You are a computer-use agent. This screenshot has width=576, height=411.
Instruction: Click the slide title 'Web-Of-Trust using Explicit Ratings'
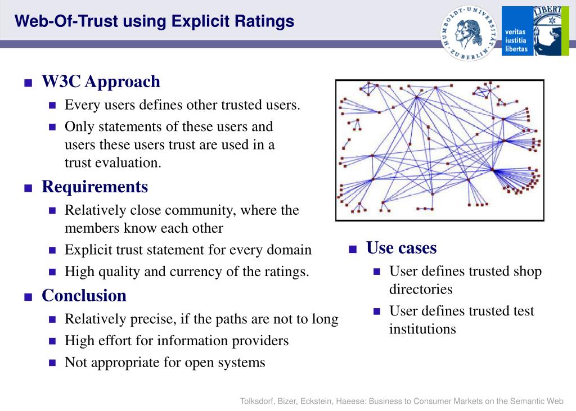tap(154, 21)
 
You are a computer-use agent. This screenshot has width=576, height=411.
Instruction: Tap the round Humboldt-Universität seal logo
tap(469, 33)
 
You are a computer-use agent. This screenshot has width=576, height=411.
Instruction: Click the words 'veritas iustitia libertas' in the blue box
tap(516, 40)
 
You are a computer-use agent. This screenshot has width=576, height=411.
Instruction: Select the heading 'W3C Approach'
tap(101, 82)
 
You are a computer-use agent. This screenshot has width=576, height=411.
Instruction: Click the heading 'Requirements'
tap(94, 187)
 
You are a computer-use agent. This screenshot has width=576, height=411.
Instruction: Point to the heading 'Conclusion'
tap(84, 296)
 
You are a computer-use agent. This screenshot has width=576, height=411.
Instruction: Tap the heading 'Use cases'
tap(401, 248)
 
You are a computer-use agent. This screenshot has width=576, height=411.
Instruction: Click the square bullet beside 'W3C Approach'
tap(28, 83)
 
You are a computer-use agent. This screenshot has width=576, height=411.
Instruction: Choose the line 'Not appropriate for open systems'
tap(165, 363)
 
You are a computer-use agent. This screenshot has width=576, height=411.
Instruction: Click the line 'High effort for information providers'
tap(177, 341)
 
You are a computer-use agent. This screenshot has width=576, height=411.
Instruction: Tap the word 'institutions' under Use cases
tap(422, 329)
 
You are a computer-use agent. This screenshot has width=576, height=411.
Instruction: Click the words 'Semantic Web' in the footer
tap(537, 401)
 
